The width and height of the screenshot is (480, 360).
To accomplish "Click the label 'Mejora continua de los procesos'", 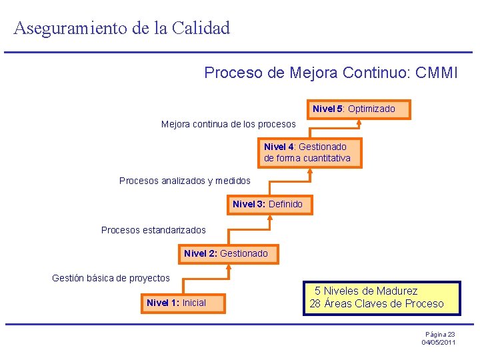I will [x=228, y=124].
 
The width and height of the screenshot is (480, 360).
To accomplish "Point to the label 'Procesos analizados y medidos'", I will [x=185, y=181].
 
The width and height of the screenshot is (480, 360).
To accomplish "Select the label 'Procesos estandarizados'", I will [x=153, y=230].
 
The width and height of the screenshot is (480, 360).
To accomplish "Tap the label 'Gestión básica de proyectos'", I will [x=111, y=278].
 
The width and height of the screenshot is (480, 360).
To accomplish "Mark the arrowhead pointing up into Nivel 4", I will [x=310, y=171].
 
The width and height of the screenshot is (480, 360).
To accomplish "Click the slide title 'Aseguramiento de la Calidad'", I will [x=121, y=28].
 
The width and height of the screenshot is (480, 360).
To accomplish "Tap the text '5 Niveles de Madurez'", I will [x=366, y=291].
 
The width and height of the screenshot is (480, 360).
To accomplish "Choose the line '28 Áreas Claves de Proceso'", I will [x=376, y=304].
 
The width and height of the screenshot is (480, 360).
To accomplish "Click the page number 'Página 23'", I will [x=440, y=334].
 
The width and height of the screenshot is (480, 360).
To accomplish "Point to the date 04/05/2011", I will [x=439, y=342].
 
